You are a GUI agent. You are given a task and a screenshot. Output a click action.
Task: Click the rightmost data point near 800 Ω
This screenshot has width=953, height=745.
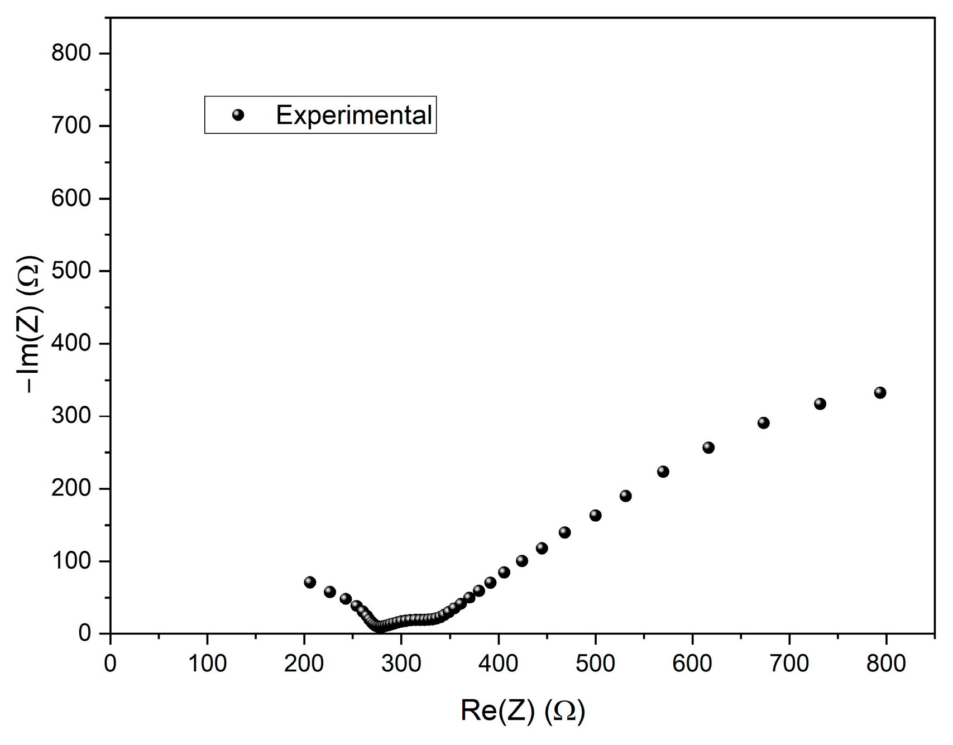(880, 393)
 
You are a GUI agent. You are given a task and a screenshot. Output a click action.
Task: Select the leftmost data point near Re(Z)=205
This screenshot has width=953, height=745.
(310, 582)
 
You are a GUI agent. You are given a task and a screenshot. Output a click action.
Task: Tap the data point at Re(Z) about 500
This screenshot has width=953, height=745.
(595, 515)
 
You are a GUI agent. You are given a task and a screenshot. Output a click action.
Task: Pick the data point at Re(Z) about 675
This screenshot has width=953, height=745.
(763, 423)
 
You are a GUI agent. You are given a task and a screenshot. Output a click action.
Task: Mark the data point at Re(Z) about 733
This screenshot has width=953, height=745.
(820, 404)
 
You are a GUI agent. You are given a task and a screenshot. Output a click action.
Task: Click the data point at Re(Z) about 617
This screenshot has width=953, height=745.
(708, 448)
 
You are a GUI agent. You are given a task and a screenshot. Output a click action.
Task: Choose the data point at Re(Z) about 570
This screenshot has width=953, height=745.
(663, 472)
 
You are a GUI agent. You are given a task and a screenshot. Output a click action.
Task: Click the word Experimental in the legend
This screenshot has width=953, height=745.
(354, 116)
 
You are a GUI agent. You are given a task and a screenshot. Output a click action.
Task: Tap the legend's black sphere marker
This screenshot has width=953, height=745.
(238, 115)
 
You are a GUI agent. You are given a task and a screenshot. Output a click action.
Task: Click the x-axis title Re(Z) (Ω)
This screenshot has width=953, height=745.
(523, 711)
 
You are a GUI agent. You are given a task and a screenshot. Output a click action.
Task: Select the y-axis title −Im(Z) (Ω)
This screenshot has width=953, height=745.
(32, 324)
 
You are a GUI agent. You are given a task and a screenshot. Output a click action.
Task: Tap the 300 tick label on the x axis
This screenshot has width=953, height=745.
(401, 663)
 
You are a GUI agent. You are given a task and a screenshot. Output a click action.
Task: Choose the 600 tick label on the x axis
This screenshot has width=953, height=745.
(692, 663)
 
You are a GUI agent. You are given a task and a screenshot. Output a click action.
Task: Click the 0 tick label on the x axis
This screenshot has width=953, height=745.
(110, 663)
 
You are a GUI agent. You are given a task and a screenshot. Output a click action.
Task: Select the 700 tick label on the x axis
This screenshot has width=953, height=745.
(789, 663)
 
